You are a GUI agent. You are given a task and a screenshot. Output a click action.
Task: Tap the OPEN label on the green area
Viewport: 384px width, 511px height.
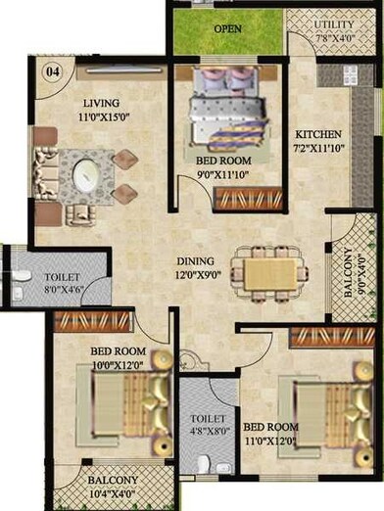click(227, 28)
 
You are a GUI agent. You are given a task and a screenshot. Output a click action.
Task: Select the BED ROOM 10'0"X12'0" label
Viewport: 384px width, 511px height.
click(118, 357)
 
